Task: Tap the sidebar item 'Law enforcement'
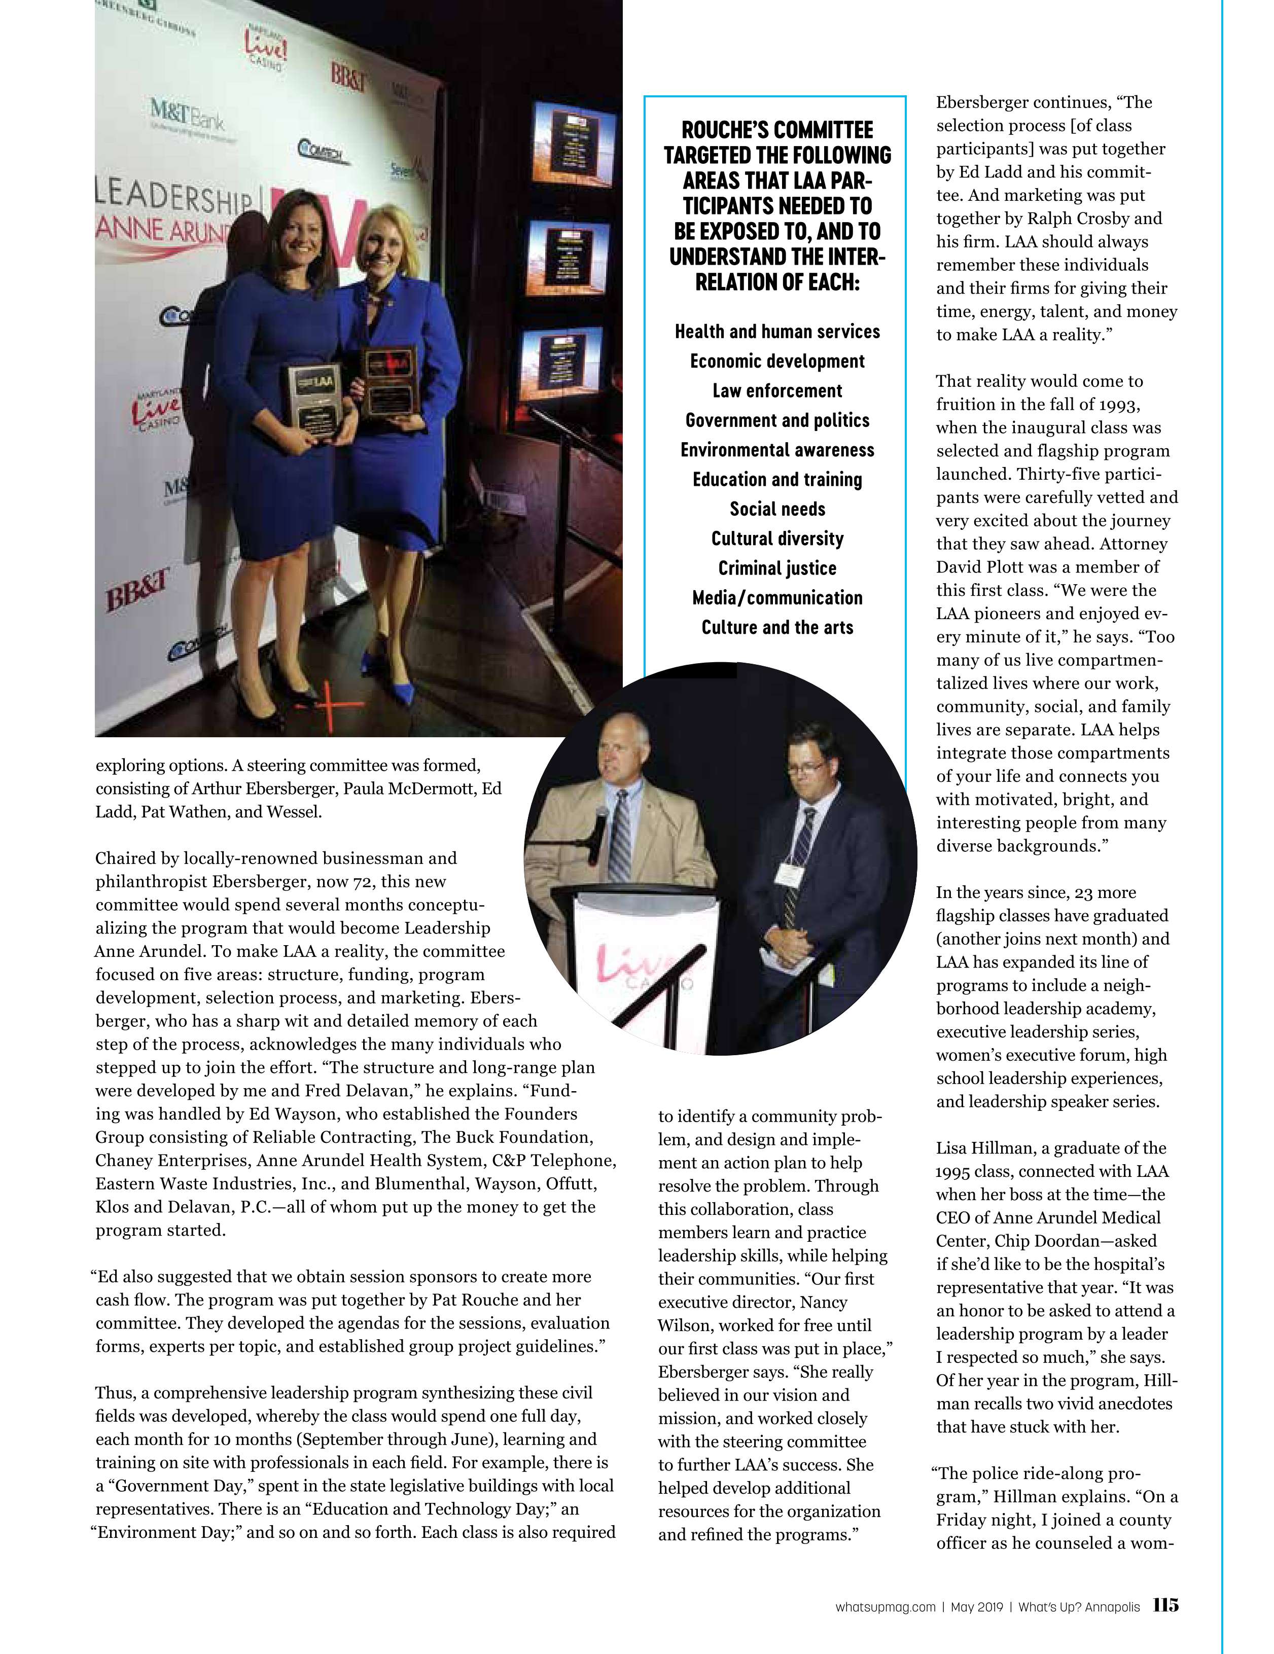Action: pos(777,391)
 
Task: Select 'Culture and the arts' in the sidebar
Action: pos(777,627)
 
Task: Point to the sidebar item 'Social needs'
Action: pos(777,509)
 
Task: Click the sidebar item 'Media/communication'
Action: pos(777,597)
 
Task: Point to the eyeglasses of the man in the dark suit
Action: pos(802,768)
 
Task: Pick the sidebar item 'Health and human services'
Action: pos(777,332)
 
